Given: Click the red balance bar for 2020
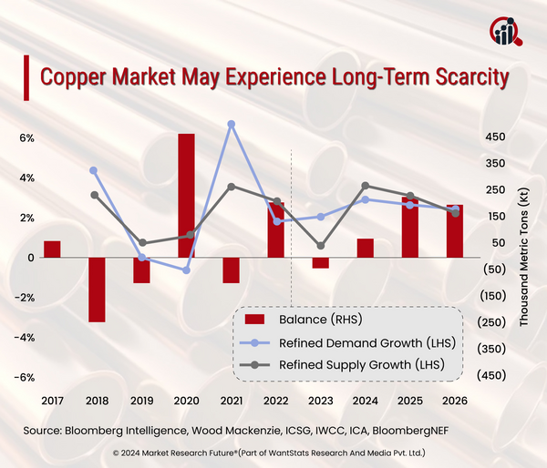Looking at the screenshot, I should (x=186, y=195).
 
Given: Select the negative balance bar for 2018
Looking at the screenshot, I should (x=97, y=290).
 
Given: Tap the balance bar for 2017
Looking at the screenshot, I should (x=52, y=249).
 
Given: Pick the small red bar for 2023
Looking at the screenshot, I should (x=320, y=262).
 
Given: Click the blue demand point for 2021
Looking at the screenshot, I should (x=232, y=124).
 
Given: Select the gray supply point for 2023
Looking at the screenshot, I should (x=320, y=246).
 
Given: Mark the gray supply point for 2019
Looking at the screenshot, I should (x=142, y=243).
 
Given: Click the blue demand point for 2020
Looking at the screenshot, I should (x=187, y=270).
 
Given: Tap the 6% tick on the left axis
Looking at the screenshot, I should (x=26, y=138).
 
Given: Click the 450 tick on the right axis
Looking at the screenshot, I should (x=494, y=137).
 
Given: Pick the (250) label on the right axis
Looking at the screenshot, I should (x=494, y=322).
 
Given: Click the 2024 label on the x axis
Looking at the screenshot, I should (x=365, y=400).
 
